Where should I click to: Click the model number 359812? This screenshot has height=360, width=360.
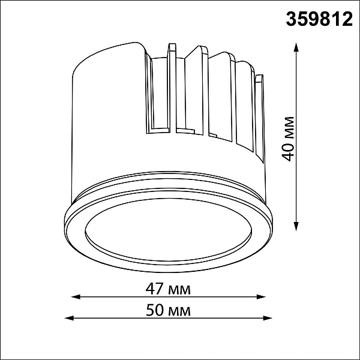click(319, 19)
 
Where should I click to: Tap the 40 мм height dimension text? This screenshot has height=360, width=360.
click(288, 139)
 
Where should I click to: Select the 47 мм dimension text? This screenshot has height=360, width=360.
click(168, 290)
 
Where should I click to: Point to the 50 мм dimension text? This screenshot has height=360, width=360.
click(168, 311)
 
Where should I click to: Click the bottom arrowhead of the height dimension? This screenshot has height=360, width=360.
click(296, 226)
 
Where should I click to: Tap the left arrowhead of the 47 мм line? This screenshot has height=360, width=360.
click(76, 297)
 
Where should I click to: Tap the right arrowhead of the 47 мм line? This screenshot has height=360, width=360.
click(261, 297)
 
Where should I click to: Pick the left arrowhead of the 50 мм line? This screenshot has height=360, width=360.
click(70, 318)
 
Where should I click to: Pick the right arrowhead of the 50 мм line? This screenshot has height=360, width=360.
click(268, 318)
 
